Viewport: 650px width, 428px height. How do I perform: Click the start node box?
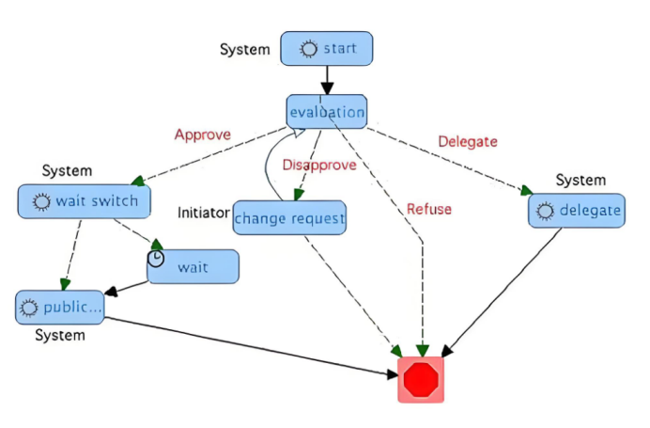pyautogui.click(x=326, y=49)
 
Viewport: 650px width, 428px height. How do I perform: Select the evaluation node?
pyautogui.click(x=326, y=112)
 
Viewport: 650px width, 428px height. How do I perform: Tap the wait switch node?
pyautogui.click(x=84, y=201)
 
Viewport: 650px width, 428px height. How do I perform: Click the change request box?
pyautogui.click(x=289, y=218)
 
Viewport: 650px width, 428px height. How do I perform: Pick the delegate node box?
pyautogui.click(x=577, y=211)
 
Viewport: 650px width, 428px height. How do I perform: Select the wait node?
pyautogui.click(x=193, y=267)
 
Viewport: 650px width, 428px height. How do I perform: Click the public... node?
pyautogui.click(x=60, y=307)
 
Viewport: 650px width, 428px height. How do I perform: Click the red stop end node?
pyautogui.click(x=420, y=379)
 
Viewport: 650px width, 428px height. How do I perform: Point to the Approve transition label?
pyautogui.click(x=202, y=135)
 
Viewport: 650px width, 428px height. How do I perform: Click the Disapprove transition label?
pyautogui.click(x=319, y=165)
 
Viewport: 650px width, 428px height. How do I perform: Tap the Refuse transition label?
pyautogui.click(x=428, y=209)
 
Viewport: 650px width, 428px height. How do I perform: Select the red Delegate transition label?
pyautogui.click(x=467, y=141)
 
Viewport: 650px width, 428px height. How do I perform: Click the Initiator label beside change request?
pyautogui.click(x=204, y=213)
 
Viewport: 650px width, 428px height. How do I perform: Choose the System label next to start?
pyautogui.click(x=245, y=49)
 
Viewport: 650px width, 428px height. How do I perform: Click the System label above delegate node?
pyautogui.click(x=580, y=180)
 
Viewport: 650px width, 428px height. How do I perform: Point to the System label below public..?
pyautogui.click(x=60, y=335)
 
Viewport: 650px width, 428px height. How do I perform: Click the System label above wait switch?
pyautogui.click(x=67, y=170)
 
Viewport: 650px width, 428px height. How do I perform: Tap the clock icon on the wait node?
pyautogui.click(x=156, y=257)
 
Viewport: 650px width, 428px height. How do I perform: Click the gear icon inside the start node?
pyautogui.click(x=308, y=49)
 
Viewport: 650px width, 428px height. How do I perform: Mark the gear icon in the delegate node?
pyautogui.click(x=545, y=212)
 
